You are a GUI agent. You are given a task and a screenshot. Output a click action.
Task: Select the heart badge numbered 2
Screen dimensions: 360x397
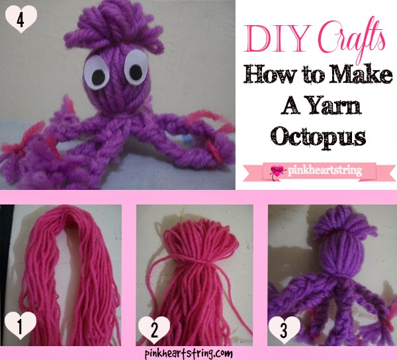point(152,328)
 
